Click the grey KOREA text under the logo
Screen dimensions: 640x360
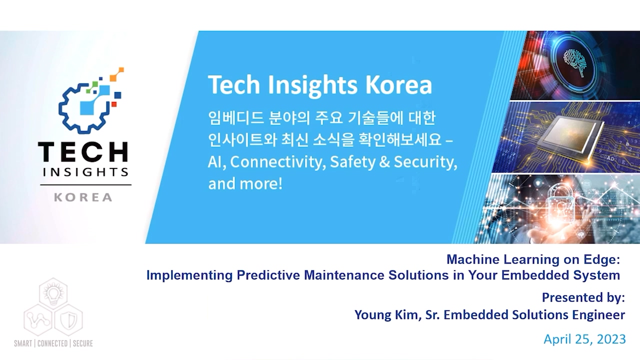(83, 197)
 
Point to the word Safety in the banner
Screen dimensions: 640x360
(353, 162)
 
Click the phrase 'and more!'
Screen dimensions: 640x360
(245, 183)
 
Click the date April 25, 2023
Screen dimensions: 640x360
(584, 339)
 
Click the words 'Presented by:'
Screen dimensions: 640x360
(583, 297)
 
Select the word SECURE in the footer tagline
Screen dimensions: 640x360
(83, 343)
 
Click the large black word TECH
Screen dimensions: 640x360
(83, 151)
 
